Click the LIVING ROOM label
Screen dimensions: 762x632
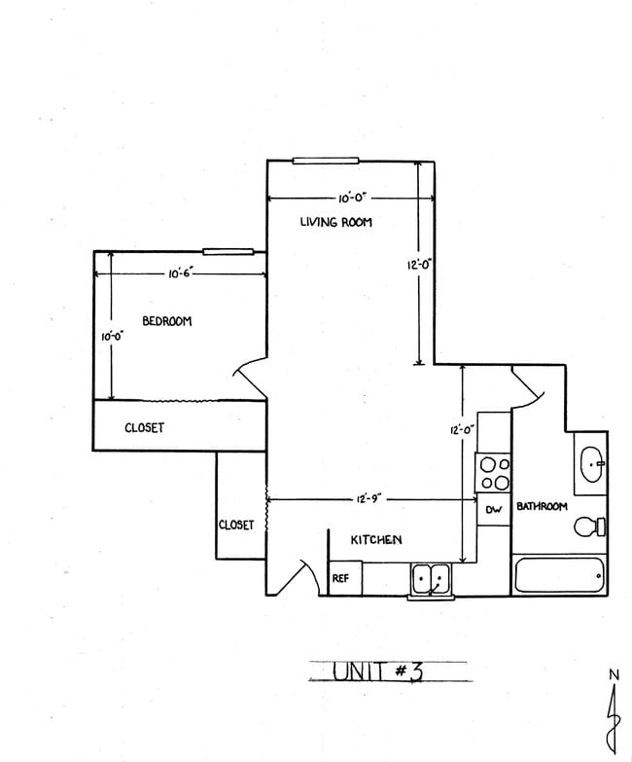[x=335, y=223]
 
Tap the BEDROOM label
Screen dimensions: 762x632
[x=167, y=322]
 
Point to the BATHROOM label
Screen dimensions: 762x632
[x=542, y=507]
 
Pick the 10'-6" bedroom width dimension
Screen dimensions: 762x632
[x=182, y=274]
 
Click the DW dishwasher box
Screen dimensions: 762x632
[x=493, y=510]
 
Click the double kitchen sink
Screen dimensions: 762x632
[x=429, y=579]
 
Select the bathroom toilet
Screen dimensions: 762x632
[x=588, y=527]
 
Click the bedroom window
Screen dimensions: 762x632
[x=228, y=251]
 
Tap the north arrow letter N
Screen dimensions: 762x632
[x=613, y=674]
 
